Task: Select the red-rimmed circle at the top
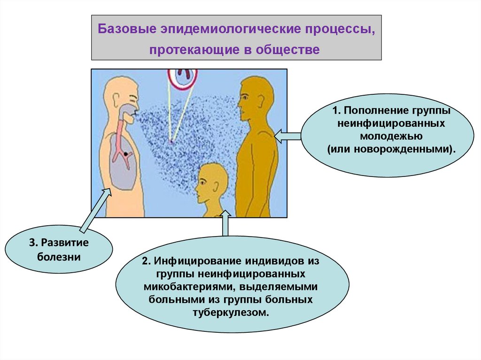point(183,78)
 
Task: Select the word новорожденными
point(404,149)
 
